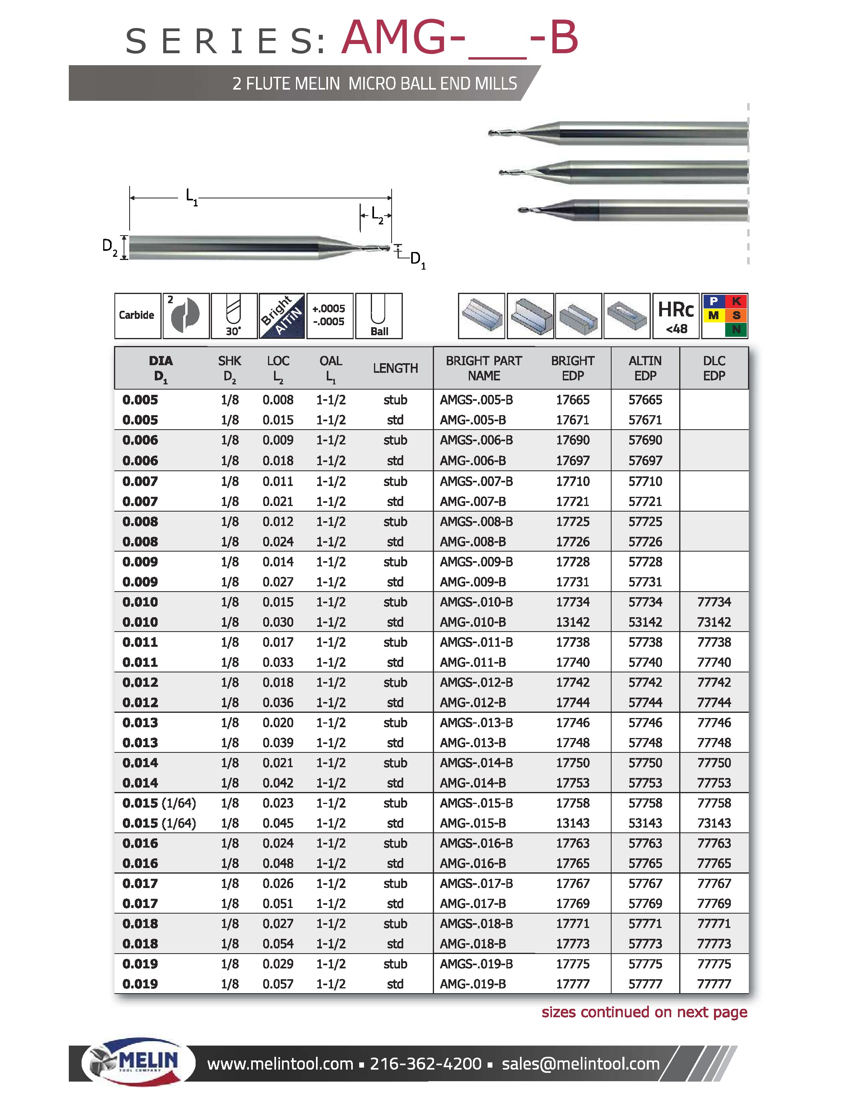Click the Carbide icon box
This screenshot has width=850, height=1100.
(137, 315)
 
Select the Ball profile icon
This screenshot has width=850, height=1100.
(379, 316)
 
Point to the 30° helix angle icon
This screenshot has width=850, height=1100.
(234, 316)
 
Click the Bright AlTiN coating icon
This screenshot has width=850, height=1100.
(282, 316)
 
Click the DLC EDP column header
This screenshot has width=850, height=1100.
(714, 368)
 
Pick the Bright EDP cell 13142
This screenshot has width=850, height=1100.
(572, 622)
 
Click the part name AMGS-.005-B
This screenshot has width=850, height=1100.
(476, 400)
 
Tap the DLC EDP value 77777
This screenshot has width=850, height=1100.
(714, 984)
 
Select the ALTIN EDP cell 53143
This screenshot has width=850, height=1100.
(645, 823)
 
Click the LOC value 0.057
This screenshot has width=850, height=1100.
(278, 984)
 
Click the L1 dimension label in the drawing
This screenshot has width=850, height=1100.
(191, 196)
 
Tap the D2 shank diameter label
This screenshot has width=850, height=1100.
(110, 247)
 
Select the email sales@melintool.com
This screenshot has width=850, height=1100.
(580, 1064)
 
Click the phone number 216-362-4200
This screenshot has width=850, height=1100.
(426, 1064)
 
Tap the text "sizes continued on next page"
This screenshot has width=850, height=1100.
(644, 1012)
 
